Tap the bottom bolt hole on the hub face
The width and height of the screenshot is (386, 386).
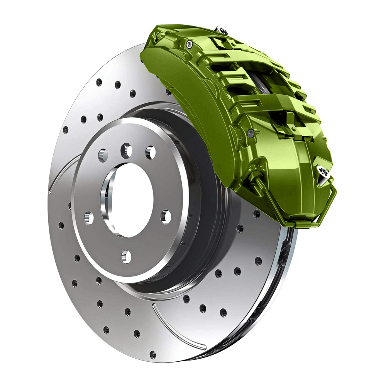click(125, 256)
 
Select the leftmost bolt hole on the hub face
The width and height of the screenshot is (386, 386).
click(89, 218)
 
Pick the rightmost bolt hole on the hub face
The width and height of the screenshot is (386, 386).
click(166, 217)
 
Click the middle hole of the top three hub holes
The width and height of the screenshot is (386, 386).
click(126, 150)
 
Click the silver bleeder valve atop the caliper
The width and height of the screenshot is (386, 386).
click(220, 30)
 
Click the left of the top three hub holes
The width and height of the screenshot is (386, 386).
click(103, 155)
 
